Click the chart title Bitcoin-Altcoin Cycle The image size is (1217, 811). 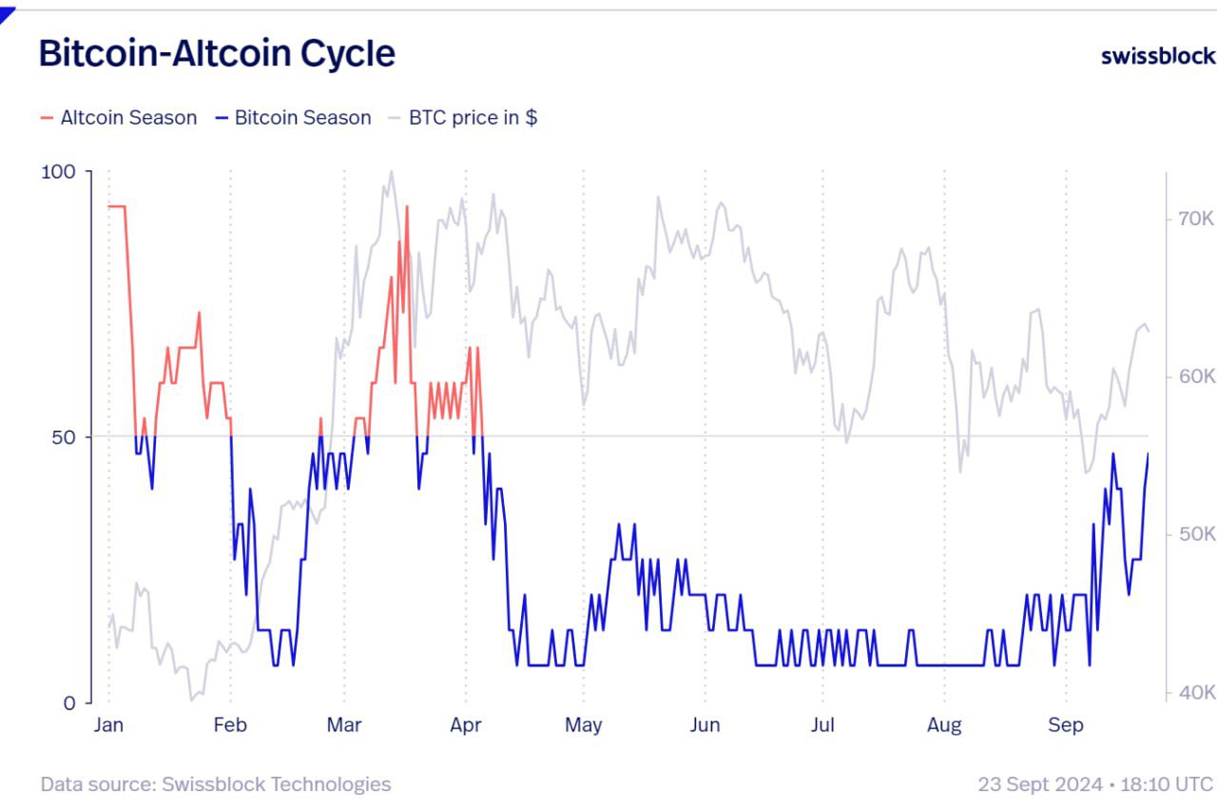point(217,53)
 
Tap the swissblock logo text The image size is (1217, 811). point(1157,55)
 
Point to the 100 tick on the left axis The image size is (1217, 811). point(58,171)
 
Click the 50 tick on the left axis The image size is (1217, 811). point(64,437)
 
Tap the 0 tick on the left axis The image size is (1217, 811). point(69,703)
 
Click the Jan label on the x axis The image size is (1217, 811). point(108,725)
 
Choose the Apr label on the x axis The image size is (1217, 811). point(466,725)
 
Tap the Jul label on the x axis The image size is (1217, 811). point(822,725)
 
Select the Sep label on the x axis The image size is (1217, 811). point(1065,725)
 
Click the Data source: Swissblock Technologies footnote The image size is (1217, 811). point(215,784)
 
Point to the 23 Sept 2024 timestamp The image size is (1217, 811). point(1095,784)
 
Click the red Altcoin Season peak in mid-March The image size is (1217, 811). point(407,206)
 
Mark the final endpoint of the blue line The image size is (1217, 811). point(1148,454)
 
